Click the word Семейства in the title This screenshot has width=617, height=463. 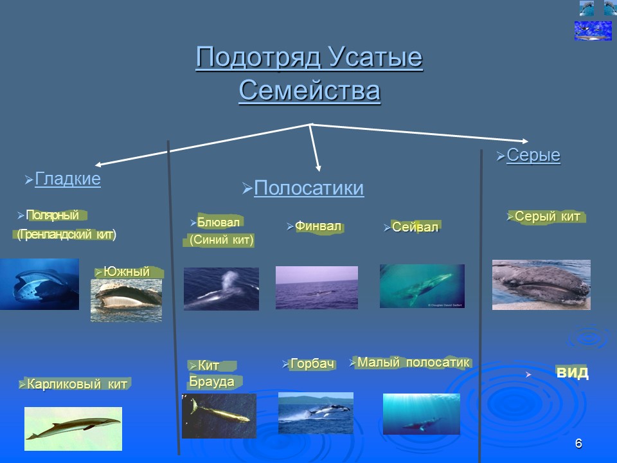(309, 91)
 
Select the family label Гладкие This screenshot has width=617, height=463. (67, 179)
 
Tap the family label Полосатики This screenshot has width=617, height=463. (308, 188)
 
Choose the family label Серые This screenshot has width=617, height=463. (533, 156)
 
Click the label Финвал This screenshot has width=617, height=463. (317, 226)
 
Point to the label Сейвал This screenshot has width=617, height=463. (415, 227)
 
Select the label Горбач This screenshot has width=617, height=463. (312, 364)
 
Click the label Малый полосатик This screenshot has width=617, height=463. (413, 362)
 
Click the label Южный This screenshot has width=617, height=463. (127, 272)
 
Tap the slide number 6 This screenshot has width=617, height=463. (578, 444)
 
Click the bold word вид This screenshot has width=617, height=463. (572, 373)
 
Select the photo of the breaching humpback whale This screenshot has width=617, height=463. (316, 413)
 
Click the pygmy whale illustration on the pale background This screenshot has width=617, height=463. (73, 428)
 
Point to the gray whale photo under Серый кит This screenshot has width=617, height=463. (541, 284)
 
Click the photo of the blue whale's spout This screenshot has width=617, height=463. (221, 289)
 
